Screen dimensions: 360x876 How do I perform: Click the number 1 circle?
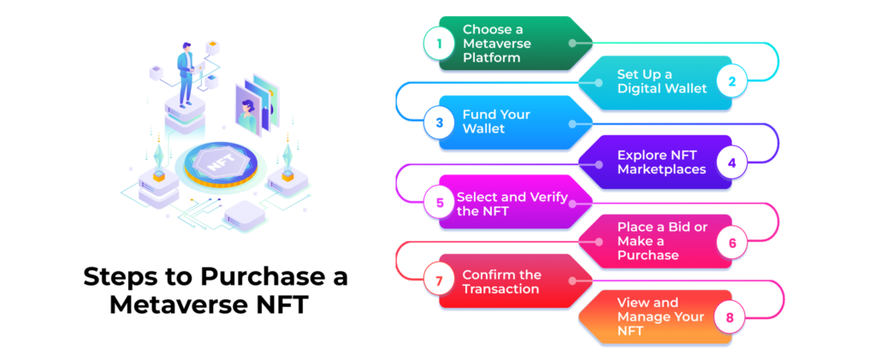coord(440,43)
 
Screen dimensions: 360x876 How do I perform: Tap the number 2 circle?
coord(731,82)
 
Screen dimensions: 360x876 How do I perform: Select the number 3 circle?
coord(440,122)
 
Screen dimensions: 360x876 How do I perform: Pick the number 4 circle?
coord(731,162)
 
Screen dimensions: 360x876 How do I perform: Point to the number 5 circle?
coord(440,203)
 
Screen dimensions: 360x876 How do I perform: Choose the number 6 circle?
coord(731,242)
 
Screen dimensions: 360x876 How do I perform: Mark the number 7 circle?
coord(440,281)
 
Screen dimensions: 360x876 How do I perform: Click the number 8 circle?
coord(729,318)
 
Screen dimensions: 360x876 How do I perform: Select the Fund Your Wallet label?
coord(496,121)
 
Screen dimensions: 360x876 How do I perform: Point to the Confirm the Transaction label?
coord(501,281)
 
